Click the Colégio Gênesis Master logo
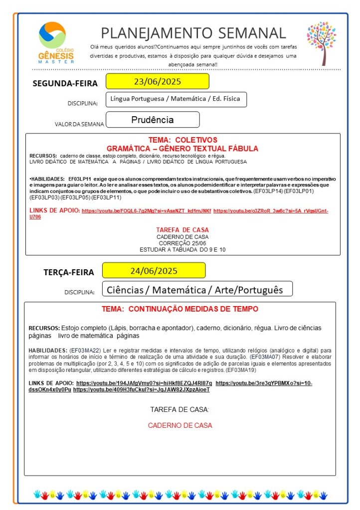(x=56, y=43)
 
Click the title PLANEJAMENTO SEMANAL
(x=193, y=33)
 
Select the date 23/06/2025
(x=157, y=81)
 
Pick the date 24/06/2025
(x=154, y=271)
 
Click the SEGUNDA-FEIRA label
(x=65, y=83)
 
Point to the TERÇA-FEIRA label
(x=69, y=272)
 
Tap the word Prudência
(x=153, y=120)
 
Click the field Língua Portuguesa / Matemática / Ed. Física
(x=175, y=99)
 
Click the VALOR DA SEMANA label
(x=79, y=124)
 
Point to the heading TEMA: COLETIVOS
(x=182, y=140)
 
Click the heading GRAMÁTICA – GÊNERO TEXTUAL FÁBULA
(x=182, y=149)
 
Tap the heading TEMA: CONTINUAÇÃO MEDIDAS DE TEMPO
(x=180, y=309)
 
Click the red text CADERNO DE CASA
(x=180, y=425)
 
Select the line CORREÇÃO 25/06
(x=182, y=243)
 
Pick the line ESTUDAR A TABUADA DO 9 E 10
(x=182, y=249)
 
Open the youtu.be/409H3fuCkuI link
(x=141, y=389)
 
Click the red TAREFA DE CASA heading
(x=182, y=229)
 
